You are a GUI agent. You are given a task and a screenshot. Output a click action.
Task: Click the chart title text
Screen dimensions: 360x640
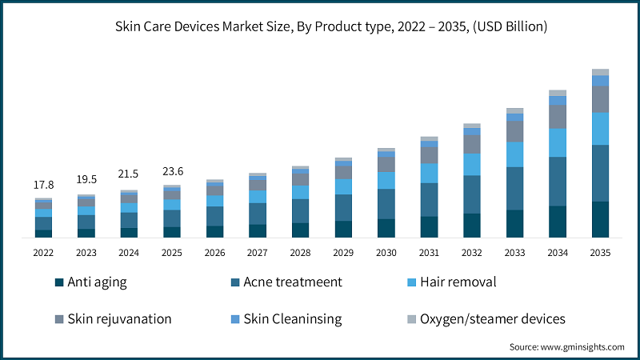click(319, 26)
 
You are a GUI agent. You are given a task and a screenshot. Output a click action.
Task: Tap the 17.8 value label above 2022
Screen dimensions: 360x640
click(43, 185)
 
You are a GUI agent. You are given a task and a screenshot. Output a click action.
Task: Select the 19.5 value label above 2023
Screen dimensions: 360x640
click(86, 180)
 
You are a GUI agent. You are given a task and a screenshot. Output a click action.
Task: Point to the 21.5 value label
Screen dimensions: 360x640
click(129, 174)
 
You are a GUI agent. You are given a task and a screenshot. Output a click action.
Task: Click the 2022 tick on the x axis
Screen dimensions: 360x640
click(43, 253)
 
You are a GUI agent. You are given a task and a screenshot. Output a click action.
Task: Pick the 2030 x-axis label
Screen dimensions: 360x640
click(386, 253)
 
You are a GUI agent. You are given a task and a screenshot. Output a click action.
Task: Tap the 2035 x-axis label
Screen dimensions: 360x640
click(600, 253)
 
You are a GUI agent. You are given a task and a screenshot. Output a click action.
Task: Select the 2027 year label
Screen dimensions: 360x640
click(258, 253)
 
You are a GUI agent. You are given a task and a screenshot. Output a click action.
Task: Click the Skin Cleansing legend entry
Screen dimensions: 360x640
click(293, 318)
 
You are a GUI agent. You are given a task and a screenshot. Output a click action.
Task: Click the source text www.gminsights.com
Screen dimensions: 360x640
click(567, 347)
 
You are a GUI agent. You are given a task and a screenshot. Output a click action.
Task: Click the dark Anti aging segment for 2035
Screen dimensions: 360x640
click(600, 219)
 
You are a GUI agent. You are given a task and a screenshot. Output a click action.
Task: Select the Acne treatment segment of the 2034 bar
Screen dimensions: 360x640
click(558, 182)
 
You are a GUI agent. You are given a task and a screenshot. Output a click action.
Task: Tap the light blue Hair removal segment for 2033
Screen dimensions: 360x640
click(514, 154)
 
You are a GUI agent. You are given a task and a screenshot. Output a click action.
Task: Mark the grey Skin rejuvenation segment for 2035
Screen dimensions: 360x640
click(600, 99)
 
